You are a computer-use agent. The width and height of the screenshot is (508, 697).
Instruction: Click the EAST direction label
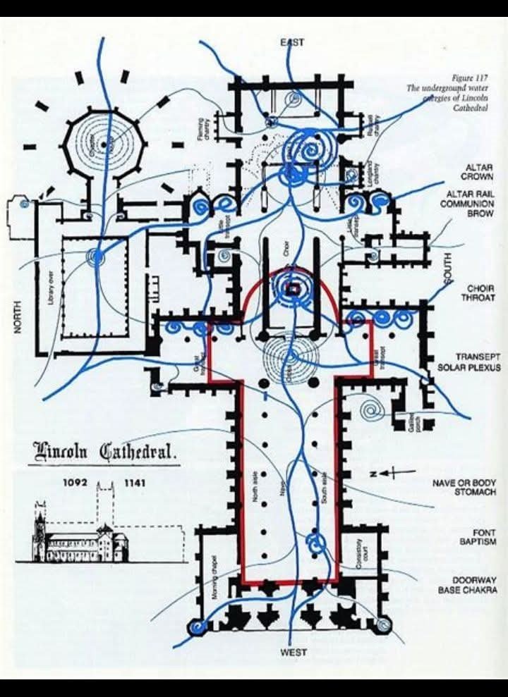(x=293, y=43)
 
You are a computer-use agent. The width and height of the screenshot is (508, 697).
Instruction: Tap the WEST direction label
(x=293, y=653)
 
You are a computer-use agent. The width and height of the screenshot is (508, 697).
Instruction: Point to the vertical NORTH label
(x=18, y=316)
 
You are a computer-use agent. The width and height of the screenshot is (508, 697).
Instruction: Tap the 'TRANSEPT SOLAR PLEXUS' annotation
(x=468, y=362)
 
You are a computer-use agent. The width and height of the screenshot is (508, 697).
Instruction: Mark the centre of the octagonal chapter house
(x=104, y=144)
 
